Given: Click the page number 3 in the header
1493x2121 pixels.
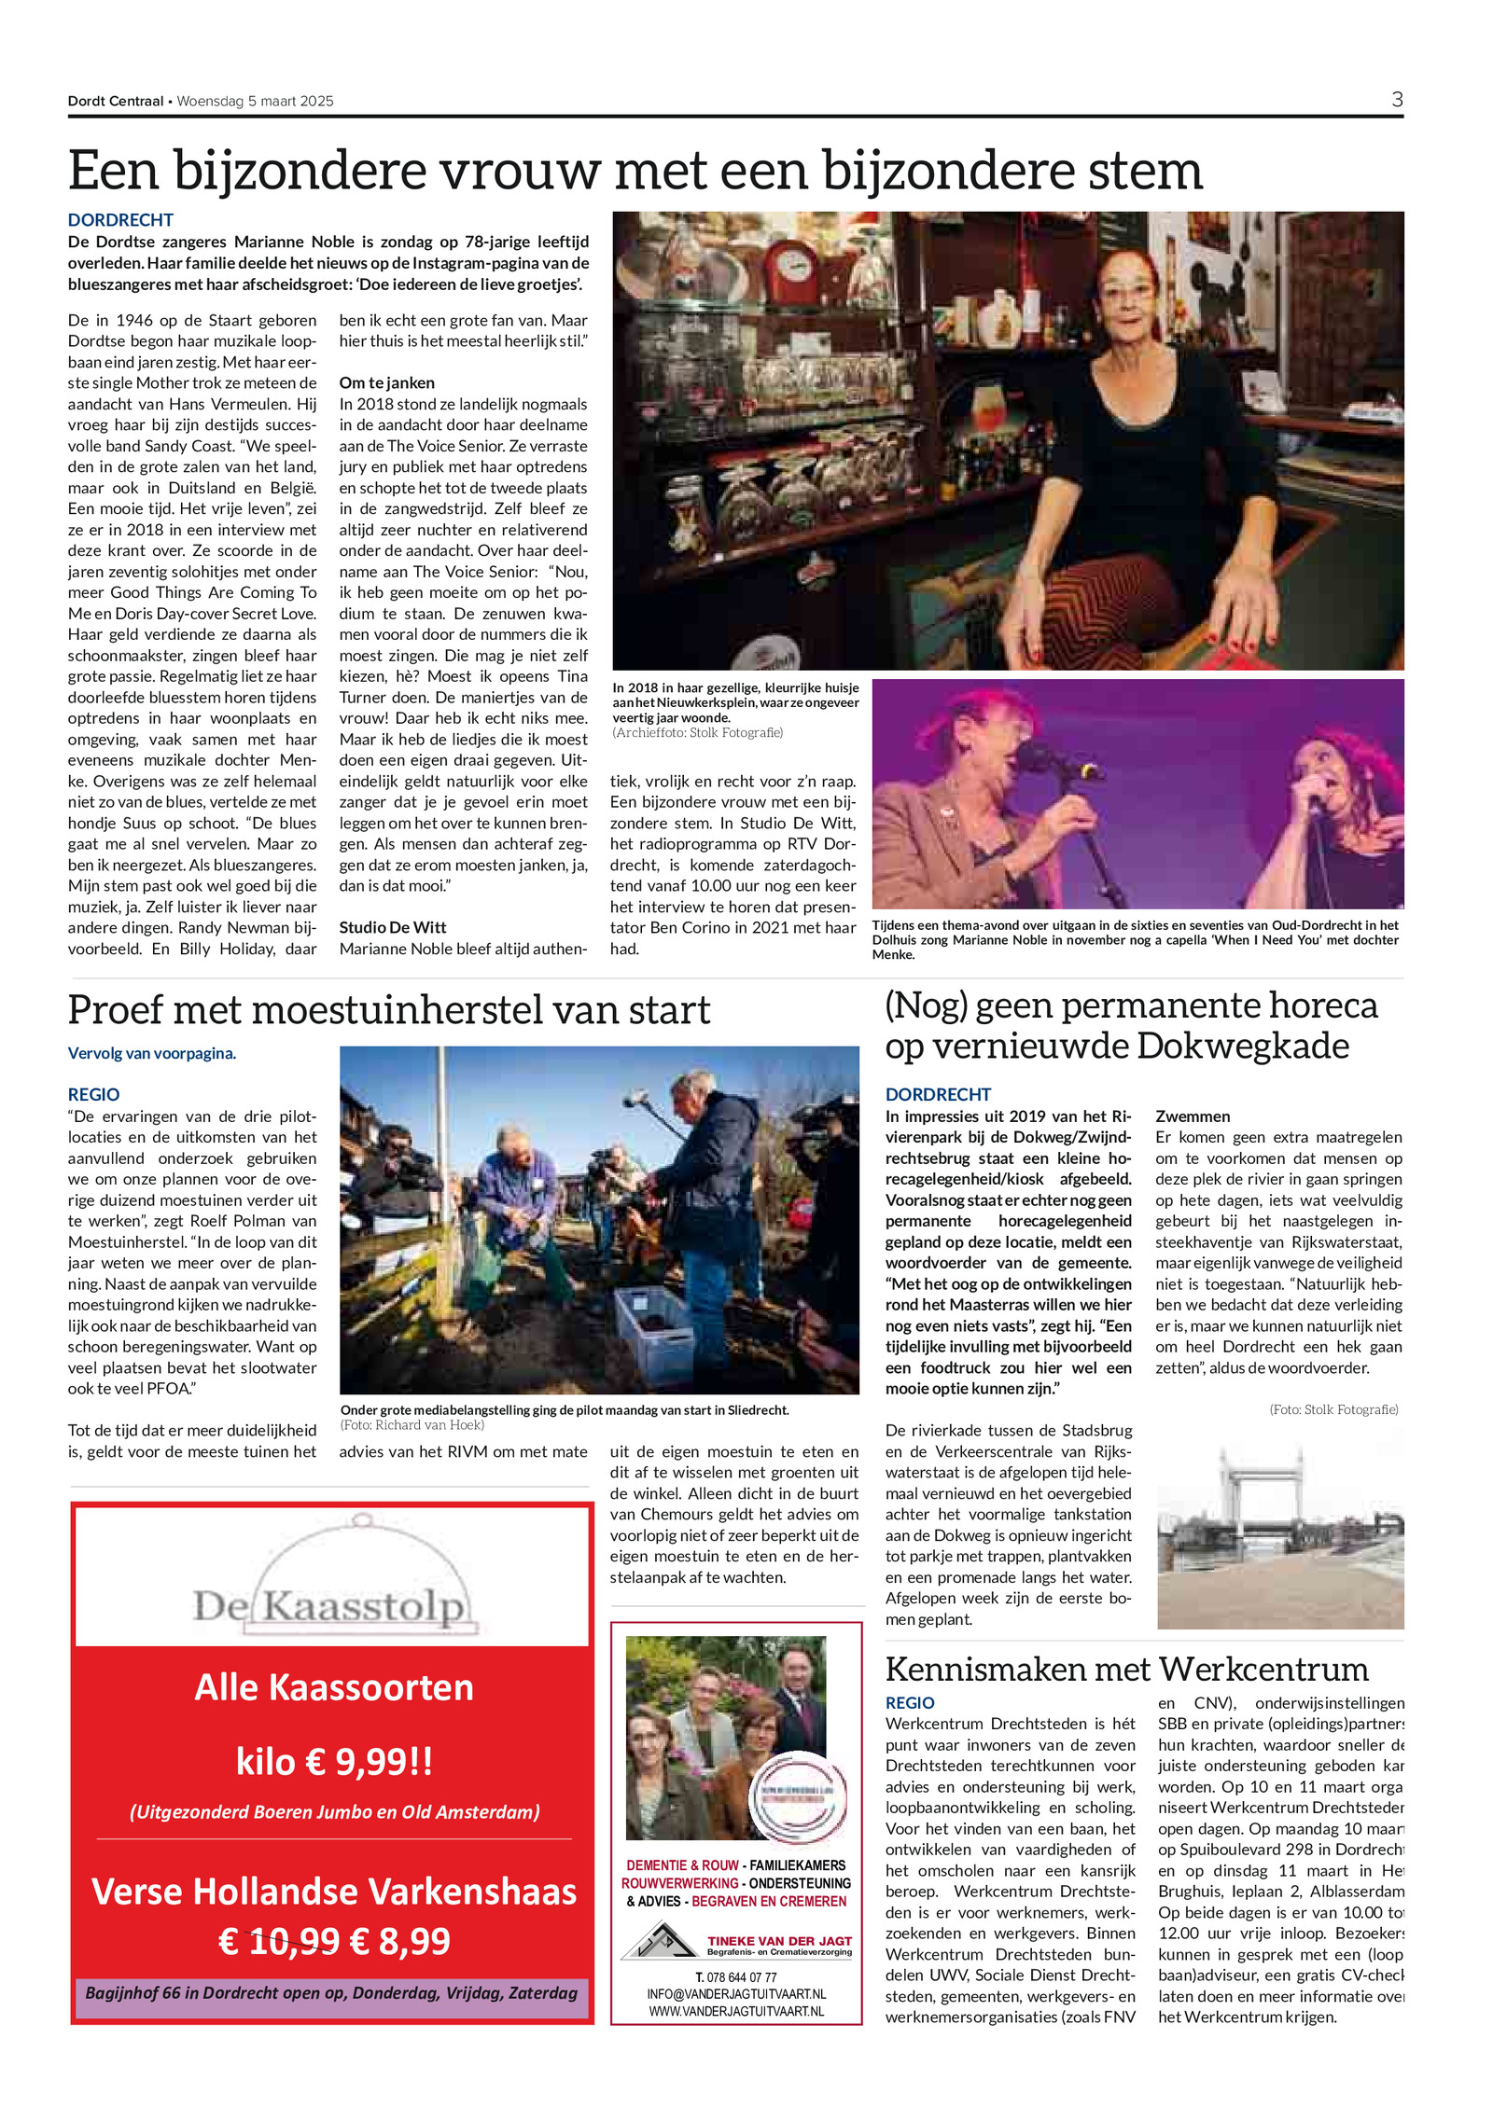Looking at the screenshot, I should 1396,99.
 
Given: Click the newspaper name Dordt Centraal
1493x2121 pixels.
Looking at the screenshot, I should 115,101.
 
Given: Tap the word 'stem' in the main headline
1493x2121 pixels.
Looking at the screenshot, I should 1137,171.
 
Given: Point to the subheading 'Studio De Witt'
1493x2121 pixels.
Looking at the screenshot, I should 392,927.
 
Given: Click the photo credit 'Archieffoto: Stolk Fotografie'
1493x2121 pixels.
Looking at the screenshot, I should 697,733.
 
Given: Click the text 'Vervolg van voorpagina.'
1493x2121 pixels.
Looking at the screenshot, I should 151,1053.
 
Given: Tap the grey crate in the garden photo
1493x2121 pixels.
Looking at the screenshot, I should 653,1318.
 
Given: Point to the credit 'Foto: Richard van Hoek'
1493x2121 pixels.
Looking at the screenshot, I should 412,1424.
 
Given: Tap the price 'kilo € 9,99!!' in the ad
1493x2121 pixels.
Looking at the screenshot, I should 334,1762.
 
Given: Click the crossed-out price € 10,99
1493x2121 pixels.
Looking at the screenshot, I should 278,1941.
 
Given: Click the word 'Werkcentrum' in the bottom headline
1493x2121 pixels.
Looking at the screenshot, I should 1263,1668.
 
